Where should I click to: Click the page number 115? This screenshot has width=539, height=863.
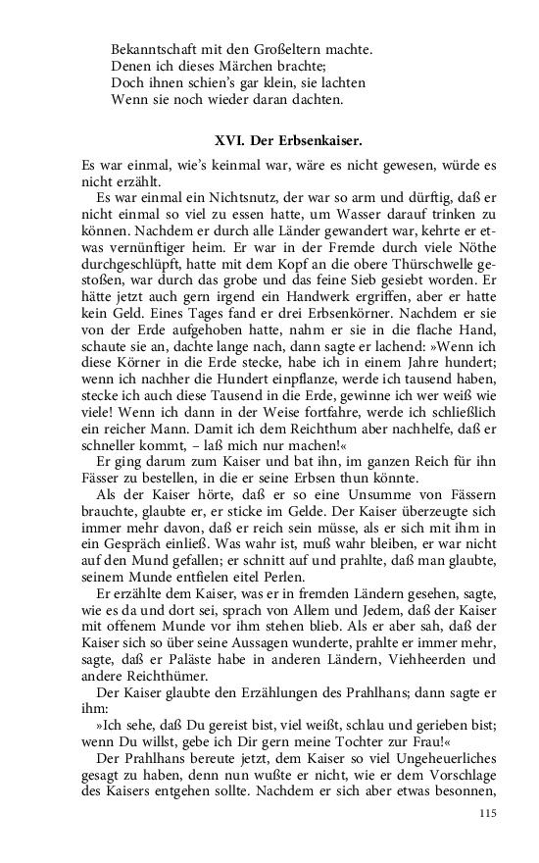(x=489, y=813)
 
